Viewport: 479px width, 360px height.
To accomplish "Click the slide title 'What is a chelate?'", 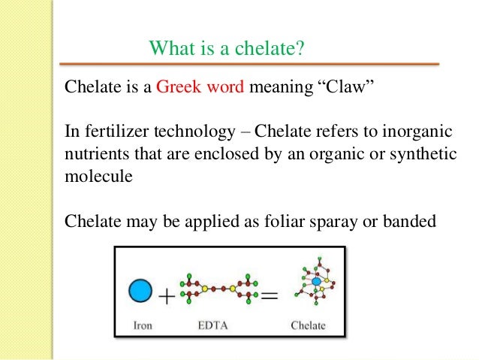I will (x=226, y=49).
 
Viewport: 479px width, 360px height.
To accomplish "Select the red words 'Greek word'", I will (x=200, y=86).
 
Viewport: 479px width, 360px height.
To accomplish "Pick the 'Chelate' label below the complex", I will (x=308, y=325).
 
